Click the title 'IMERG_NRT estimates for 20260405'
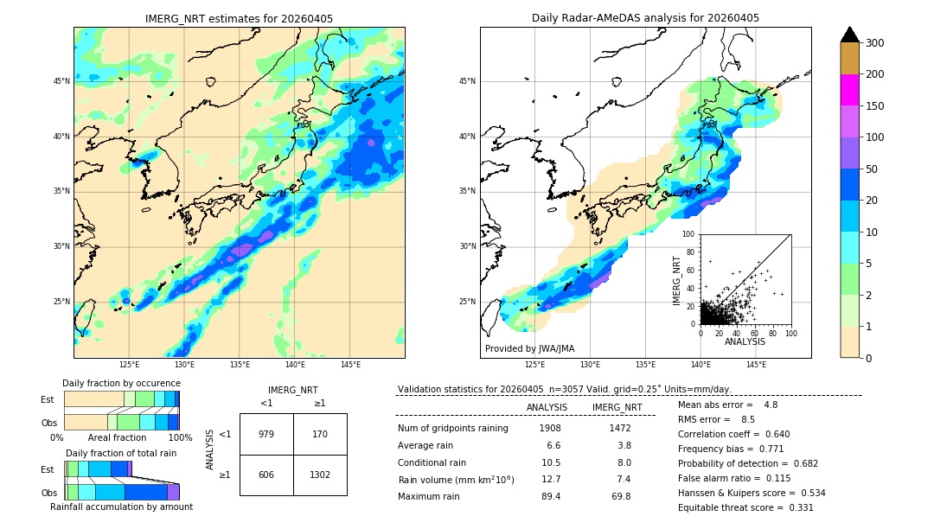pyautogui.click(x=239, y=18)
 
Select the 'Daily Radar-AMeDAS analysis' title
pyautogui.click(x=645, y=18)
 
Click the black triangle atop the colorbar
pyautogui.click(x=850, y=34)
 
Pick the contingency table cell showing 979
pyautogui.click(x=266, y=434)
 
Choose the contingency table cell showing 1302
pyautogui.click(x=320, y=475)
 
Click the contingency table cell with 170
pyautogui.click(x=320, y=434)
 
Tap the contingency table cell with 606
pyautogui.click(x=266, y=475)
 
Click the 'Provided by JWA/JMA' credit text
pyautogui.click(x=529, y=348)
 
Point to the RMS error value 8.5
pyautogui.click(x=747, y=419)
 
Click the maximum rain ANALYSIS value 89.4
pyautogui.click(x=550, y=496)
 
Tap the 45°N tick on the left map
pyautogui.click(x=61, y=81)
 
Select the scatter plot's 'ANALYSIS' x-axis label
pyautogui.click(x=745, y=341)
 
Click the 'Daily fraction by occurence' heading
pyautogui.click(x=121, y=383)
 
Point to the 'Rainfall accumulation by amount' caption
pyautogui.click(x=121, y=507)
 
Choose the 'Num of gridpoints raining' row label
pyautogui.click(x=452, y=428)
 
